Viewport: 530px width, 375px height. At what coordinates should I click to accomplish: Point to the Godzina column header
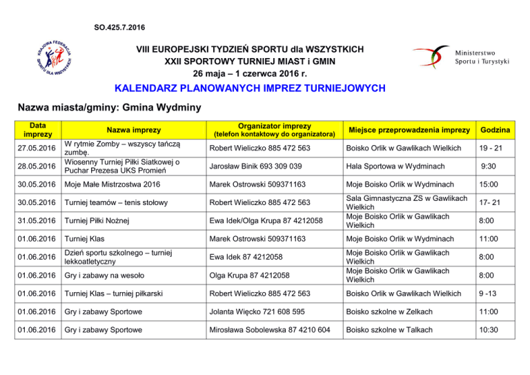pyautogui.click(x=495, y=131)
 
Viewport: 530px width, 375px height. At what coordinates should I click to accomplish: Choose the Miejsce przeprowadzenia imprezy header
pyautogui.click(x=409, y=131)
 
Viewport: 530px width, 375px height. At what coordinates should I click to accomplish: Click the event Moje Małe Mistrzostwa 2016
pyautogui.click(x=110, y=185)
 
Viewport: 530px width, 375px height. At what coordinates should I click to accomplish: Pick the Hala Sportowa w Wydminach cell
pyautogui.click(x=390, y=166)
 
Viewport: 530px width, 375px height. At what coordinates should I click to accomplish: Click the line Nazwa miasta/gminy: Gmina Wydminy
pyautogui.click(x=109, y=108)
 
